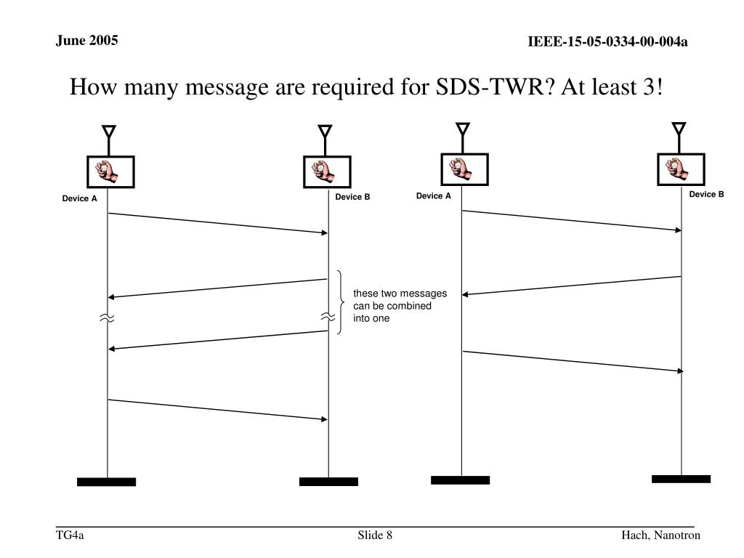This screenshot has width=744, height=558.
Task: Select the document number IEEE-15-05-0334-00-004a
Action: tap(607, 42)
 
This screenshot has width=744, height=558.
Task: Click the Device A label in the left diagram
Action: tap(79, 198)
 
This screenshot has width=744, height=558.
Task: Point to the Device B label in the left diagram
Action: tap(352, 197)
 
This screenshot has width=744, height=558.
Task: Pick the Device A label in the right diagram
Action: tap(434, 196)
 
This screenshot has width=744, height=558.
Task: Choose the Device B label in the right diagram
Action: tap(706, 194)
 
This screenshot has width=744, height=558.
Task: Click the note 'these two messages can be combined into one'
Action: tap(400, 306)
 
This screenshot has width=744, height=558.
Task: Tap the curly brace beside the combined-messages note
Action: tap(340, 302)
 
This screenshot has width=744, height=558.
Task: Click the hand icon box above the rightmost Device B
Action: tap(680, 169)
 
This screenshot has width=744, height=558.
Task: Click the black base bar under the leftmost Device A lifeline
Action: tap(107, 482)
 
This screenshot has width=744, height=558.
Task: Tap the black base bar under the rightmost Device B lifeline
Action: tap(681, 479)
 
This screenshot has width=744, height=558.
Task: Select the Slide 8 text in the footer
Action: tap(375, 536)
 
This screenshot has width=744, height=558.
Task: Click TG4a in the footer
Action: tap(70, 536)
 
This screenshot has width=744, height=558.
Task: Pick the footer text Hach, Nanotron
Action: tap(660, 536)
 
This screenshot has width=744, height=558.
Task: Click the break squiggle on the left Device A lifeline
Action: tap(108, 318)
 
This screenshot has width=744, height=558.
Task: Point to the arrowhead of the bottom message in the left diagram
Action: tap(325, 419)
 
